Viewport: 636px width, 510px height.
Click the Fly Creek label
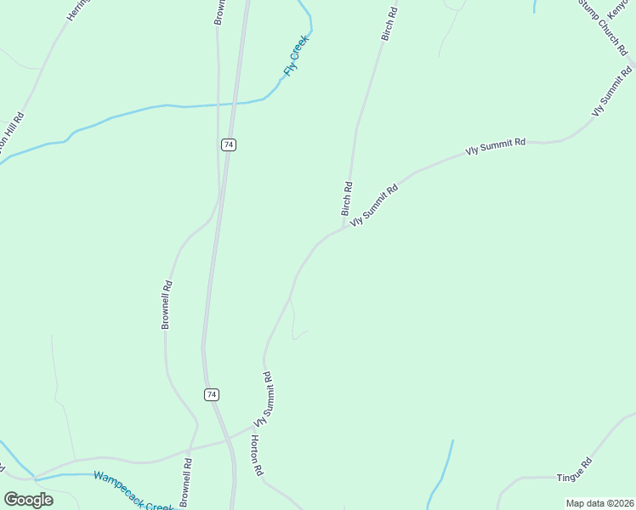click(x=297, y=56)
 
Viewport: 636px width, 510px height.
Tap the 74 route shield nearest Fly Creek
click(x=228, y=144)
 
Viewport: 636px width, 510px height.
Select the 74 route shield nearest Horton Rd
click(x=212, y=394)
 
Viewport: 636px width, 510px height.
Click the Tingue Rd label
click(x=574, y=469)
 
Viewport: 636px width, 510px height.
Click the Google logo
click(x=28, y=499)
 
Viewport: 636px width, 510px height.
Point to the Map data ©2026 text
click(x=599, y=503)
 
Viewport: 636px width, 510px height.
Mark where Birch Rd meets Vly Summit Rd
click(x=344, y=228)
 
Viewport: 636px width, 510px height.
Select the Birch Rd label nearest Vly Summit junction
click(x=347, y=198)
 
